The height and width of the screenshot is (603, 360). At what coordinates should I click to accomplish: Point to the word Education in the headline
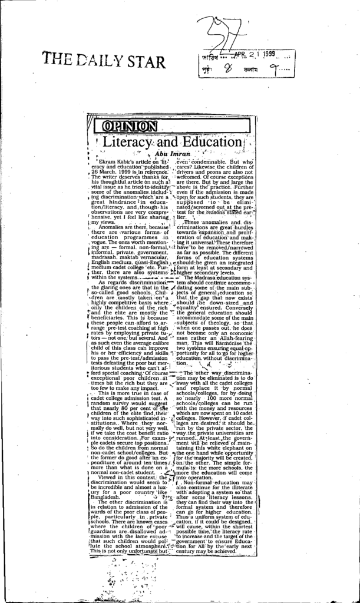(x=210, y=143)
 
